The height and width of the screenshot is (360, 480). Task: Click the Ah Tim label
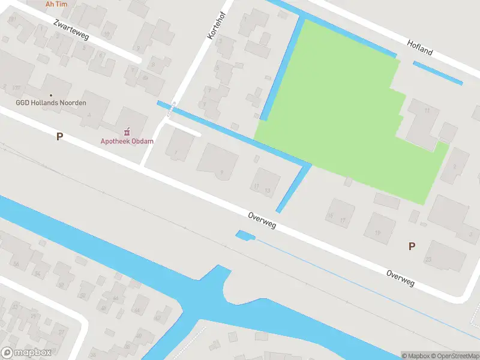[56, 4]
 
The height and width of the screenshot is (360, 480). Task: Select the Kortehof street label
[214, 28]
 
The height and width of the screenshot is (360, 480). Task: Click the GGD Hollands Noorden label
[51, 103]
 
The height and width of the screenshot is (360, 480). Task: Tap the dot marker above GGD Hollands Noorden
[51, 95]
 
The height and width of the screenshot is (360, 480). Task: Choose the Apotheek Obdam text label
[127, 142]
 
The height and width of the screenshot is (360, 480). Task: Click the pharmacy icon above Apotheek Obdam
[127, 131]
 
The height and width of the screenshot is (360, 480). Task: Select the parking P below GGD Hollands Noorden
[59, 137]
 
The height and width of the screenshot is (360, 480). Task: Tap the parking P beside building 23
[412, 246]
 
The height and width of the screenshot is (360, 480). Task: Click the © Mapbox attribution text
[416, 356]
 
